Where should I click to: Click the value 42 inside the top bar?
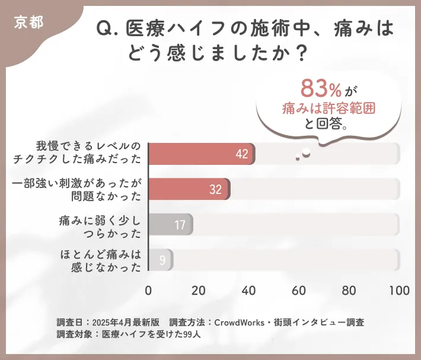(241, 154)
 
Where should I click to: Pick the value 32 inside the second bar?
(215, 190)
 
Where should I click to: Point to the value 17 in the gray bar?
(180, 225)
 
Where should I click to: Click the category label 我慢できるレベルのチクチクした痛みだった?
(89, 153)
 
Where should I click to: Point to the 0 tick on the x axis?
(148, 291)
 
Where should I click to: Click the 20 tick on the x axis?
(199, 291)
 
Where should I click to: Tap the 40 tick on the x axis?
(249, 291)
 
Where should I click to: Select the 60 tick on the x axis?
(299, 291)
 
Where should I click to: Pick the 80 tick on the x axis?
(350, 291)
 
